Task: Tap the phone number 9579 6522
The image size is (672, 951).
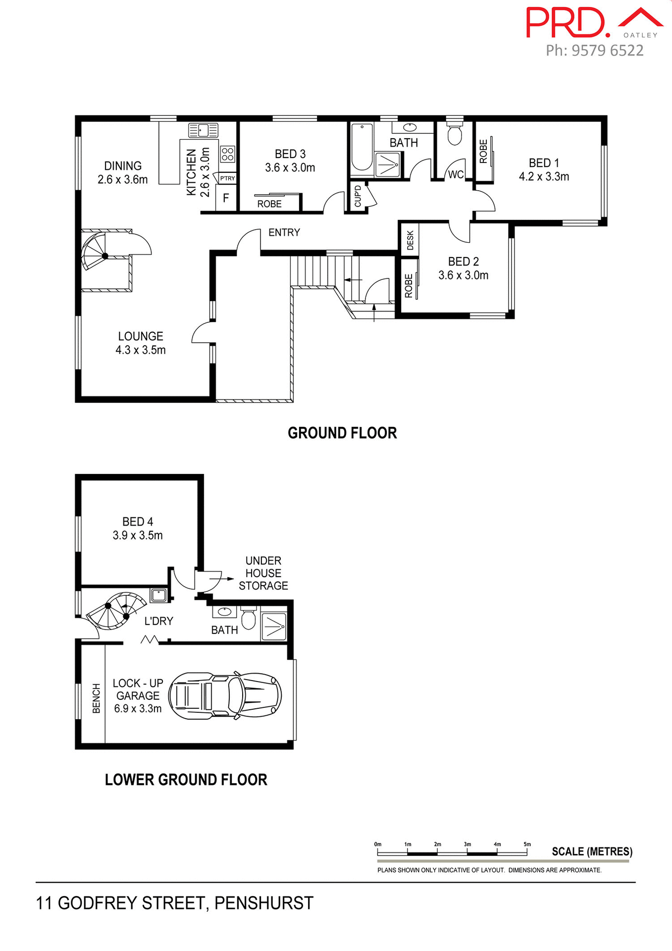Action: click(607, 51)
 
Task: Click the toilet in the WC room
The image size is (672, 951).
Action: click(454, 134)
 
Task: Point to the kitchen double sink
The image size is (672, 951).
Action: click(203, 130)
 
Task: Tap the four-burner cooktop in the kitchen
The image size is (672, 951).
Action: click(227, 154)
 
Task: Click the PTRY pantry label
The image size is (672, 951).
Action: click(227, 178)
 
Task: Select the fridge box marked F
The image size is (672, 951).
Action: click(226, 198)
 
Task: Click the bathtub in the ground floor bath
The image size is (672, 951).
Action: click(362, 147)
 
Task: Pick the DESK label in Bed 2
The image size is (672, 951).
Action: click(410, 240)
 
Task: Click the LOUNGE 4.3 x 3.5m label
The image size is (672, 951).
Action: click(141, 343)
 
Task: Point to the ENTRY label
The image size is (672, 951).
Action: click(284, 232)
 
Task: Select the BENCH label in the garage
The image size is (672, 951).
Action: click(96, 698)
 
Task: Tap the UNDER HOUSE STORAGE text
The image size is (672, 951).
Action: click(263, 573)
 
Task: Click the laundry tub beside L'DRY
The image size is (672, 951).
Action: click(158, 594)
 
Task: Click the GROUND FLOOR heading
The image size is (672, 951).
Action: click(342, 433)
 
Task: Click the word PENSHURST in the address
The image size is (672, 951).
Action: click(263, 903)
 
